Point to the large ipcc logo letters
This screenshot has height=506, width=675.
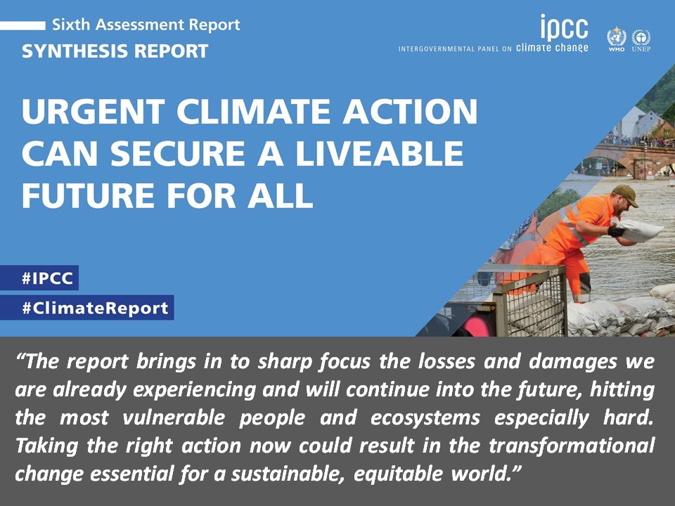563,28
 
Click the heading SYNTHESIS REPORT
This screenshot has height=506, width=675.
115,51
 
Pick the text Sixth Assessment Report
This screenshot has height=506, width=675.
146,25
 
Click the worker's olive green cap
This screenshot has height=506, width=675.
625,195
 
